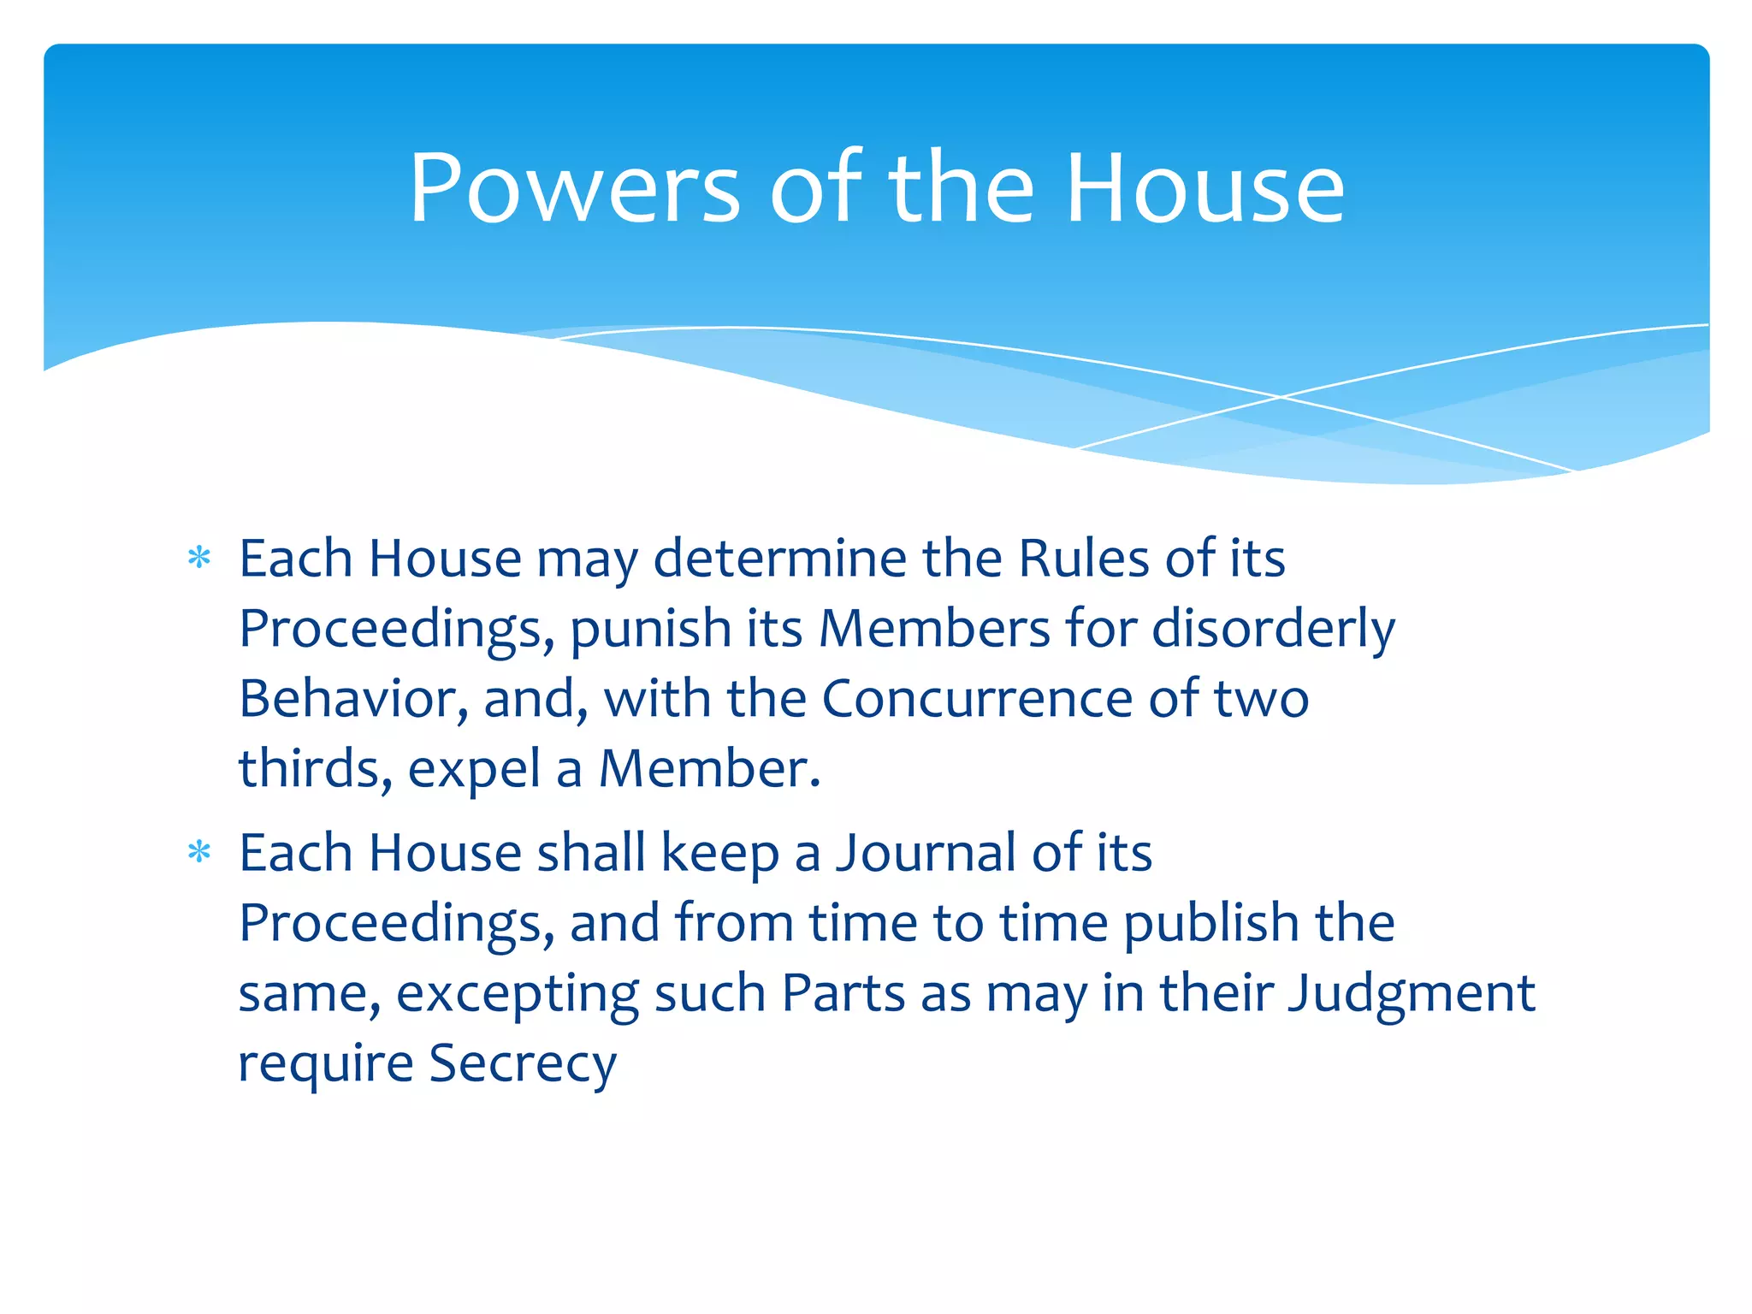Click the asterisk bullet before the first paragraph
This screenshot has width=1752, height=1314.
point(199,559)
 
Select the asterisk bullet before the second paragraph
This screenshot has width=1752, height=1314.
point(199,852)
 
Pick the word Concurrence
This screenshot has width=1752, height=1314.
point(977,699)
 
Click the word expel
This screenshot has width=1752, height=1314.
point(474,771)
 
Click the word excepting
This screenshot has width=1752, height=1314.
point(517,995)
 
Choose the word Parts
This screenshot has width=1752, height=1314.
point(843,993)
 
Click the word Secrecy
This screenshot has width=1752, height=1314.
point(522,1065)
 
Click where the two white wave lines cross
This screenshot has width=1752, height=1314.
point(1281,397)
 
